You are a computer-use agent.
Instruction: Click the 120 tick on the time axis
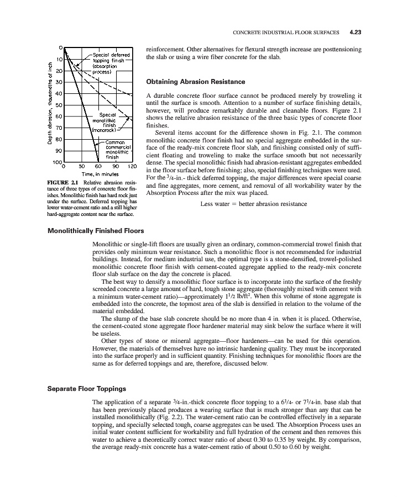pos(132,166)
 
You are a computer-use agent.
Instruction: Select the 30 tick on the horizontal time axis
pos(81,166)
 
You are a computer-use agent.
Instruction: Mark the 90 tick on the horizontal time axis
pos(115,166)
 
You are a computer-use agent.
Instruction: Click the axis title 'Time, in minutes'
pos(98,174)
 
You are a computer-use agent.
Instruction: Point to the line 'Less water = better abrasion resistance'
pos(253,204)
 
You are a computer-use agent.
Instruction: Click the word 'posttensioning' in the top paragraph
pos(341,49)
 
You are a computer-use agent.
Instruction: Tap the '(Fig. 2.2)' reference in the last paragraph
pos(174,417)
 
